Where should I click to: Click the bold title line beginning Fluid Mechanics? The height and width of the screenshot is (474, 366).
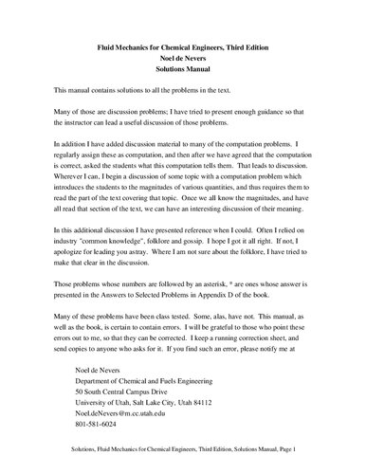pos(182,46)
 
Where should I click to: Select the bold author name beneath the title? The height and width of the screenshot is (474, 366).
pos(183,57)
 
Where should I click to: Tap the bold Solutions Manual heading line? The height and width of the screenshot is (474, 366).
pos(183,69)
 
